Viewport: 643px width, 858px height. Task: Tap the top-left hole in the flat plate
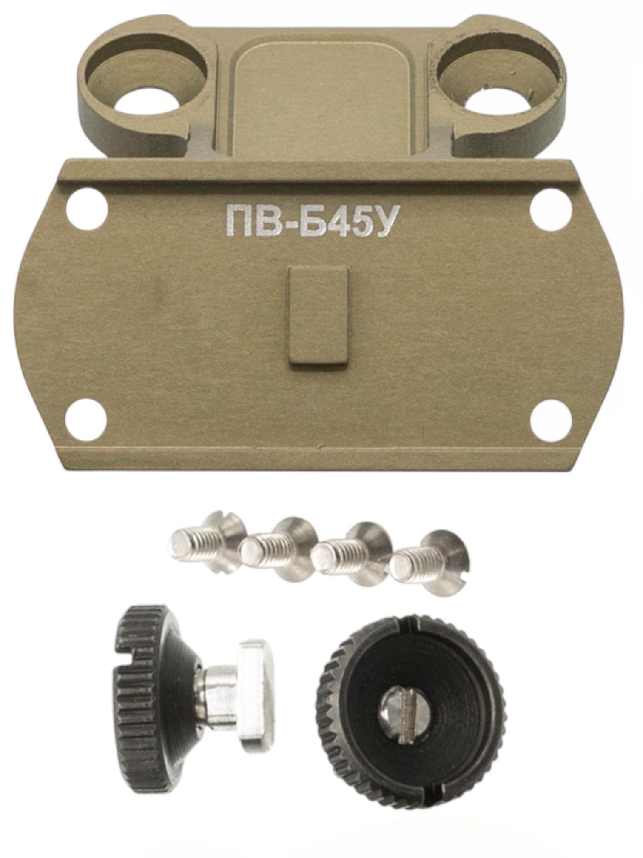[87, 209]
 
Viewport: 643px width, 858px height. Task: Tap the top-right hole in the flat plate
[552, 209]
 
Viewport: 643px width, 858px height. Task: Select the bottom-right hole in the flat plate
[551, 421]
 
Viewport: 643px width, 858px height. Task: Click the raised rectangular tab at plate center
[319, 315]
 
